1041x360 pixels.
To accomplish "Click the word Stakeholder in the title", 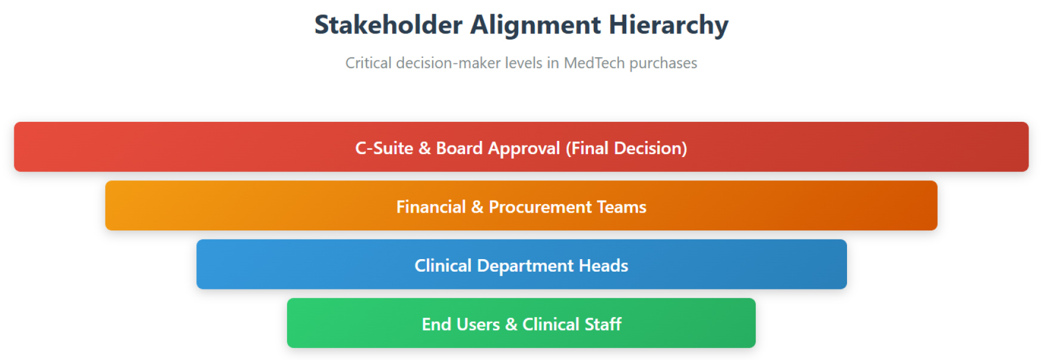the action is click(x=389, y=25).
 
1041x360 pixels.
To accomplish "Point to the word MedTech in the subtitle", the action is click(x=594, y=63).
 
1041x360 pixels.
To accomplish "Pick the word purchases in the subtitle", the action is click(x=663, y=64).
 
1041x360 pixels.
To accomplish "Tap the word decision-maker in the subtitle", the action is click(x=448, y=63).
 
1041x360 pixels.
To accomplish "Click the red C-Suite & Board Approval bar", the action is click(x=521, y=147).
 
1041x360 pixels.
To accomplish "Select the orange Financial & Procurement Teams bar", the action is click(x=521, y=205).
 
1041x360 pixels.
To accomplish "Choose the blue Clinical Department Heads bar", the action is click(x=521, y=264).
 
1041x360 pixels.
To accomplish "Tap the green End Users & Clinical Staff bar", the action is click(x=521, y=323).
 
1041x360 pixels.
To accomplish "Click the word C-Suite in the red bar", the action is click(x=384, y=148).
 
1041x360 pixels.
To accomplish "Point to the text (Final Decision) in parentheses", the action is click(x=626, y=149).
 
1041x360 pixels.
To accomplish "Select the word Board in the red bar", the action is click(x=459, y=148).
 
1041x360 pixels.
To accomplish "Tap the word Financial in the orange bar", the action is click(x=431, y=207).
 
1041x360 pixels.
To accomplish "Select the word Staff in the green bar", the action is click(x=603, y=324).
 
